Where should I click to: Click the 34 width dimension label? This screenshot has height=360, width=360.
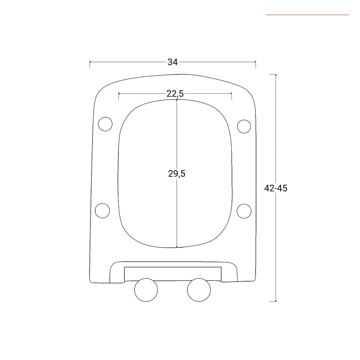(172, 62)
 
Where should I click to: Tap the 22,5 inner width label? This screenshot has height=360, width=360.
(175, 94)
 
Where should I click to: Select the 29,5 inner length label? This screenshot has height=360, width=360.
(176, 174)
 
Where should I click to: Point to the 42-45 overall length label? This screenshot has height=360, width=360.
(276, 188)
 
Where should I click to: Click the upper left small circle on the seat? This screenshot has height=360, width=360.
(105, 124)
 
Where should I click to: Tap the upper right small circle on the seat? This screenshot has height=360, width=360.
(244, 126)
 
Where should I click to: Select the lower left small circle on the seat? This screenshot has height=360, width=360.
(102, 210)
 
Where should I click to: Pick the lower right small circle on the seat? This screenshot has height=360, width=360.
(244, 211)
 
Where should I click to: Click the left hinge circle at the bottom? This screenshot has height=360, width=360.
(146, 290)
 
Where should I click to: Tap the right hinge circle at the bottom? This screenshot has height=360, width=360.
(199, 290)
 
